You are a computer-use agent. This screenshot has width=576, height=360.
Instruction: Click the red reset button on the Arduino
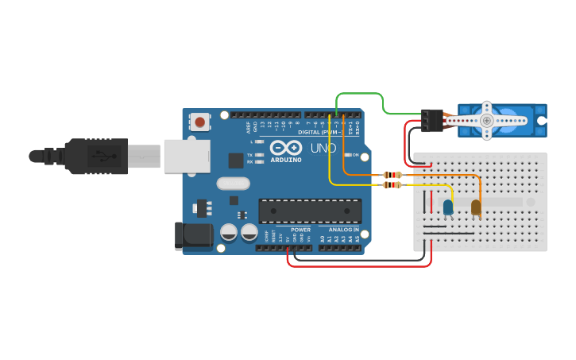coord(200,122)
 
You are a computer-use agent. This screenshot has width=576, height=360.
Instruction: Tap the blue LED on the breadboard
coord(448,207)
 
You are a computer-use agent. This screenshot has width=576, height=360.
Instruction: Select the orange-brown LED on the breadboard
coord(476,207)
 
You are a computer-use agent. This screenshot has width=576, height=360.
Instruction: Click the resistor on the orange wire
coord(392,175)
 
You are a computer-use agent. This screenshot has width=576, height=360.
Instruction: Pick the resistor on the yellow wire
coord(392,185)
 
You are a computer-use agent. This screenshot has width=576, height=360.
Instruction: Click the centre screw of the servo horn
coord(487,120)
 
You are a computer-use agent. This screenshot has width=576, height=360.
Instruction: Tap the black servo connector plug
coord(431,120)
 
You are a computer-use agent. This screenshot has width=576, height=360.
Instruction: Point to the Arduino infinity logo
coord(285,147)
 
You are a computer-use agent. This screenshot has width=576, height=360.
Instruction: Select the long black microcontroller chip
coord(310,211)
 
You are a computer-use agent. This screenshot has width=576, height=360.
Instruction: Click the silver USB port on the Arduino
coord(187,156)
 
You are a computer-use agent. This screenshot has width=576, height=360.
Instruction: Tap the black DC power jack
coord(193,236)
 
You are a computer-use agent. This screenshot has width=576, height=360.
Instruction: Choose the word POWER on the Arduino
coord(300,230)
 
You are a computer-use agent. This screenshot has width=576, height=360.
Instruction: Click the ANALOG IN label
coord(343,230)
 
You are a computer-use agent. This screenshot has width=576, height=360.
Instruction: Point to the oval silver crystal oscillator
coord(233,184)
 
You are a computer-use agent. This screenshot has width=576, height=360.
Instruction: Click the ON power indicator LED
coord(348,155)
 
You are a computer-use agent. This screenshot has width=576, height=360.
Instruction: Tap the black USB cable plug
coord(95,156)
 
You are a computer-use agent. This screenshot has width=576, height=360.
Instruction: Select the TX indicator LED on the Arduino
coord(259,154)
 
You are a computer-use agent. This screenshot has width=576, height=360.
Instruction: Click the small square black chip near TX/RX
coord(236,160)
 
